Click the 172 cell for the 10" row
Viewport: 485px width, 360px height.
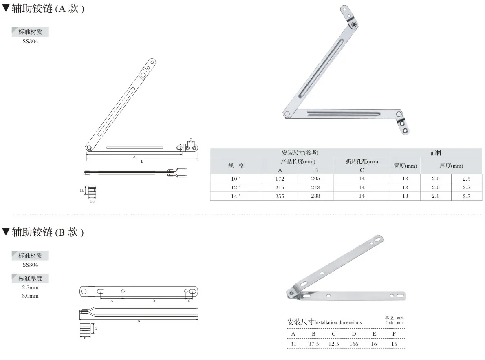click(280, 179)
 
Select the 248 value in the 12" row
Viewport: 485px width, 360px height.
click(315, 188)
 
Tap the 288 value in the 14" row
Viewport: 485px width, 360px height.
click(315, 196)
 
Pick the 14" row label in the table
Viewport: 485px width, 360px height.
click(236, 196)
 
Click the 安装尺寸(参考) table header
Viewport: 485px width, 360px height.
click(300, 153)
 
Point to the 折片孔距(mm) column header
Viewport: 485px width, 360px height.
click(362, 162)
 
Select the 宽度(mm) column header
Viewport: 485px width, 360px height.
click(405, 166)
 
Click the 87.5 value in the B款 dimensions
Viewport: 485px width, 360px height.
click(313, 344)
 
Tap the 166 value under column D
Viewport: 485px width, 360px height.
click(354, 344)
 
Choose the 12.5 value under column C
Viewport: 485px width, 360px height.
click(333, 344)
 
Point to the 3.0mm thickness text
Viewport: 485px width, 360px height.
click(30, 296)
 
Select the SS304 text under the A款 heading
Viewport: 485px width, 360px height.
click(30, 41)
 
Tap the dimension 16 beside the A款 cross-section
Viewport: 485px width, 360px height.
click(82, 190)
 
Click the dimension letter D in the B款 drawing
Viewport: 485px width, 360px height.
click(139, 322)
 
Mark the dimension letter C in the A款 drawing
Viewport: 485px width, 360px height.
click(191, 139)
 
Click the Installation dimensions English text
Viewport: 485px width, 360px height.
click(338, 322)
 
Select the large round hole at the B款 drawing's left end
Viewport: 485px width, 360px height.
click(84, 291)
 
